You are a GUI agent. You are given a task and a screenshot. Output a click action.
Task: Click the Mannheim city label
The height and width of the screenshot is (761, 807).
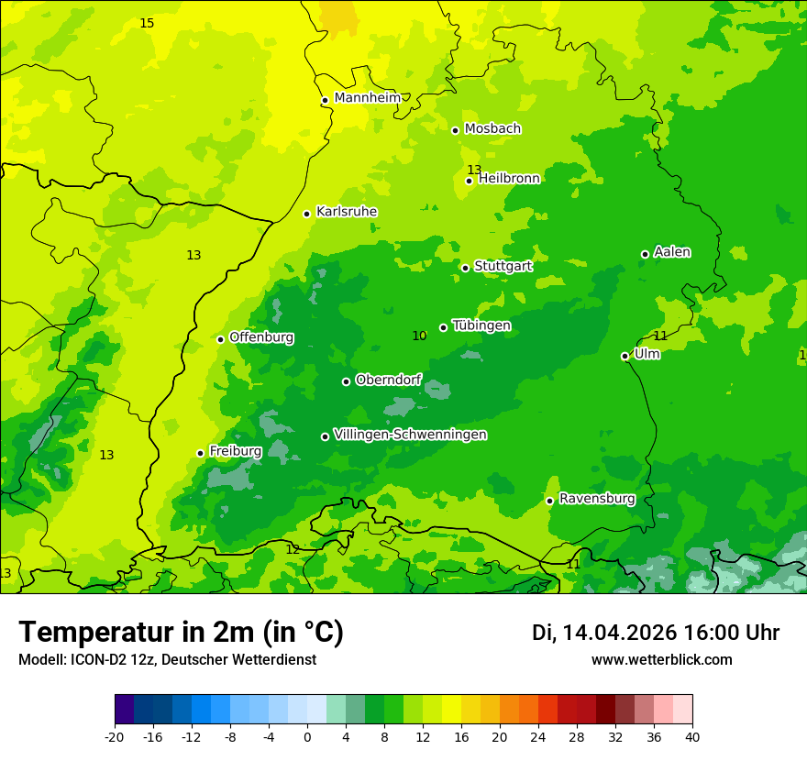(x=367, y=98)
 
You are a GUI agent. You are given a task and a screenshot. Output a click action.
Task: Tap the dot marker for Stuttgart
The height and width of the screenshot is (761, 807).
(x=466, y=268)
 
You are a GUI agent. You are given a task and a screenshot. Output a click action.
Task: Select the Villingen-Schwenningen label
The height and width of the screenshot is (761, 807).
(x=410, y=435)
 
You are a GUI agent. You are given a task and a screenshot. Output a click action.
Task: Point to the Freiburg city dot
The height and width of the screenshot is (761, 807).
(x=200, y=453)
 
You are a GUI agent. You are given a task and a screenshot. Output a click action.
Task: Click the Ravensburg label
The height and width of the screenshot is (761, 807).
(x=597, y=499)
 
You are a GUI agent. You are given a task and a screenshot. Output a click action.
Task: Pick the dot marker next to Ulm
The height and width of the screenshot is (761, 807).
(x=625, y=356)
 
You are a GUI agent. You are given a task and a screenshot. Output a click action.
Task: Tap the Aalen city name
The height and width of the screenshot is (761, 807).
(x=672, y=252)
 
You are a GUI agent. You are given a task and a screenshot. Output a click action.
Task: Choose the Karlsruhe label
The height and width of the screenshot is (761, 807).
(x=347, y=212)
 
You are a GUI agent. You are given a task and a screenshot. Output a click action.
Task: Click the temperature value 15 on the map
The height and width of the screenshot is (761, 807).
(x=147, y=23)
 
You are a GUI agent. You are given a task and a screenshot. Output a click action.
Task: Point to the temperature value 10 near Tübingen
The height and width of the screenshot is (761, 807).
(x=419, y=336)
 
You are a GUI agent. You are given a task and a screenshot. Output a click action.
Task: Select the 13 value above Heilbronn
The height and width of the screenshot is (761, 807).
(x=474, y=170)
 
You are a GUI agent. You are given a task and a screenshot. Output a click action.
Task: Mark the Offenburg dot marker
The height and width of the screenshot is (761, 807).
(x=220, y=339)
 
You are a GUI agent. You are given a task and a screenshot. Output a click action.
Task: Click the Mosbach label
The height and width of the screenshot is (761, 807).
(x=492, y=129)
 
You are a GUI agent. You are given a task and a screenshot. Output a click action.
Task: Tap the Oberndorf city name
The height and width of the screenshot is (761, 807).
(x=388, y=380)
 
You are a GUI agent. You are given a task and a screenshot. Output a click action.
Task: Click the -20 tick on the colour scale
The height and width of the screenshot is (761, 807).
(x=115, y=736)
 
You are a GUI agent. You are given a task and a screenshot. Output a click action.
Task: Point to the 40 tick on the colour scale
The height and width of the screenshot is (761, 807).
(x=691, y=736)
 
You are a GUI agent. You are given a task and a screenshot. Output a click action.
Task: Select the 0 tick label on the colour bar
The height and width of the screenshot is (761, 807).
(x=307, y=736)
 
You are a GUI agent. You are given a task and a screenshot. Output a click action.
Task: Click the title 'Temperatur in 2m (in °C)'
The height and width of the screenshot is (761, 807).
(x=181, y=633)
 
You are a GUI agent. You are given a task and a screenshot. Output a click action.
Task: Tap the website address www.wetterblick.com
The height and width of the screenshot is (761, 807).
(x=661, y=660)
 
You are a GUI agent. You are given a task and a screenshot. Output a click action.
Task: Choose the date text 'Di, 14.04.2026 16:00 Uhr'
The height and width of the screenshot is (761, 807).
(x=656, y=633)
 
